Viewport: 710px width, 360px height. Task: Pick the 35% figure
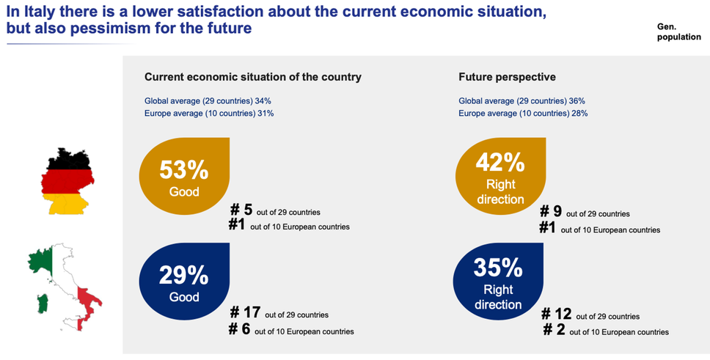click(x=498, y=268)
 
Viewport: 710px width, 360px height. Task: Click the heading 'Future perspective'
click(x=507, y=76)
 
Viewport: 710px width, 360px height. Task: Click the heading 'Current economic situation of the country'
click(x=253, y=76)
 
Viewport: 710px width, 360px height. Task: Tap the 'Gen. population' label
click(x=678, y=31)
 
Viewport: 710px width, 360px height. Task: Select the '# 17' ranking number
click(x=247, y=313)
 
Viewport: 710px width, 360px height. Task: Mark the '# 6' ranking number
click(x=241, y=330)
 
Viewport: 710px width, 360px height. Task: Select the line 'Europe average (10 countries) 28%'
click(x=523, y=114)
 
